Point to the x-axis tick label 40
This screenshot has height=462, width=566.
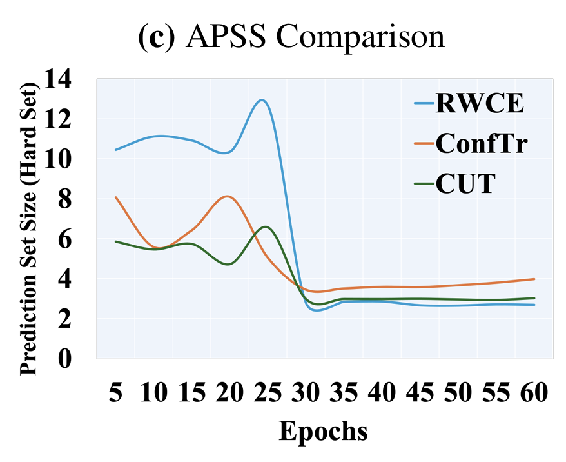click(382, 392)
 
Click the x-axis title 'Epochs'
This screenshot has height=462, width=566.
click(323, 430)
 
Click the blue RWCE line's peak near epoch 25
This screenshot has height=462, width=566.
click(262, 100)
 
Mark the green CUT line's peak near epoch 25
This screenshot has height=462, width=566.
click(266, 226)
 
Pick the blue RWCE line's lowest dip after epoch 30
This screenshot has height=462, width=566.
click(318, 310)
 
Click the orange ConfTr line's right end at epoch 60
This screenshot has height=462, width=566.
click(535, 279)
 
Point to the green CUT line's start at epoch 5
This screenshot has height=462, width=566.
click(115, 241)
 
